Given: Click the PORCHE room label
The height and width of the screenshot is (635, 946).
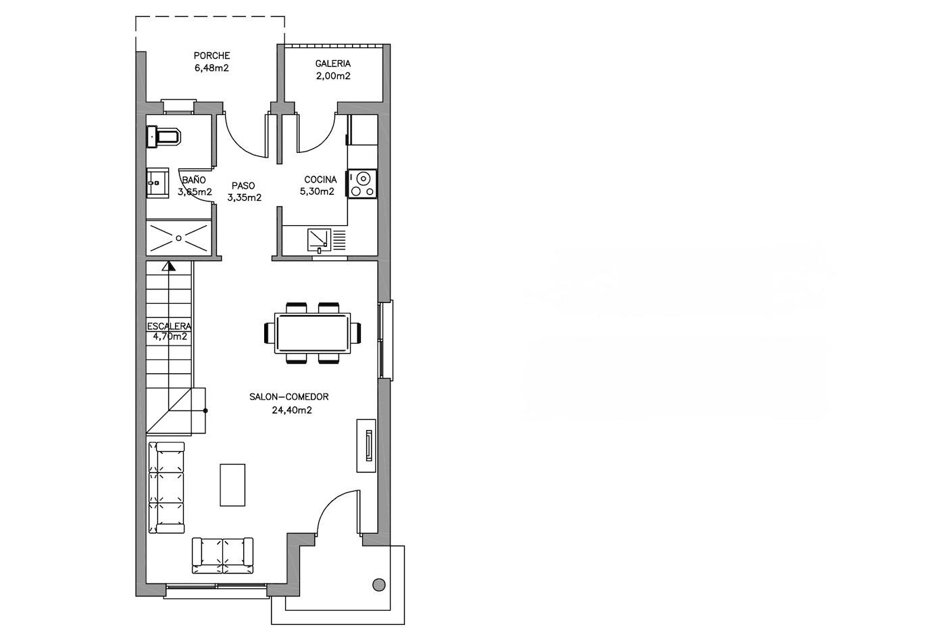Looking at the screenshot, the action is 212,55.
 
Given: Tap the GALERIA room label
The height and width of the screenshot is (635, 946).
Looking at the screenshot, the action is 332,64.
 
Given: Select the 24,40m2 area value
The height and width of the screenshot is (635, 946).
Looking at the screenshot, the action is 292,410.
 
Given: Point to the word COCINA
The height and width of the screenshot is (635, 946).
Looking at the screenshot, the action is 320,180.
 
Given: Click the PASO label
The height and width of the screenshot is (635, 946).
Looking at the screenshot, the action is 243,185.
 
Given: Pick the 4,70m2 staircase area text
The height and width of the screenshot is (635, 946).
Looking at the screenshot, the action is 170,337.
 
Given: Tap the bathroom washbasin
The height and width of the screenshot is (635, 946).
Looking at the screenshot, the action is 157,183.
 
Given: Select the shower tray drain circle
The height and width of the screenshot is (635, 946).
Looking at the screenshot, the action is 178,239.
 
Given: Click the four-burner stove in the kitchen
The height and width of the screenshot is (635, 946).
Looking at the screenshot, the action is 363,183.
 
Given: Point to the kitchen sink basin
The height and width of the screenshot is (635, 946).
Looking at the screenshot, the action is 319,239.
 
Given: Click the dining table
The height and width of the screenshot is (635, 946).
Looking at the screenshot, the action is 312,333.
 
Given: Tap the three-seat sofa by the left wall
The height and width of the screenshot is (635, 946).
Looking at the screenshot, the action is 166,488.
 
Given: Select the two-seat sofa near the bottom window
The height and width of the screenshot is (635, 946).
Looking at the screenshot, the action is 222,555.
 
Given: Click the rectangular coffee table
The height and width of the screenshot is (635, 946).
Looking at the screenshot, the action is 232,485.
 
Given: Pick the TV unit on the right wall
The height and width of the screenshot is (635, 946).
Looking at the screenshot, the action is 366,446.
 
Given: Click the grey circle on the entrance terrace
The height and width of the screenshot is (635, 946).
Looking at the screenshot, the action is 379,585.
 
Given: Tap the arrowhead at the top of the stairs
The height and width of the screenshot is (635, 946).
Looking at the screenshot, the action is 169,266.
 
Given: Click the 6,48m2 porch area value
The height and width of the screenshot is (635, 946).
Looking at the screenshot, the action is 211,68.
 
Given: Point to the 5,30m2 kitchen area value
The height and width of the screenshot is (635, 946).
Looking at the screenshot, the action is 317,192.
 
